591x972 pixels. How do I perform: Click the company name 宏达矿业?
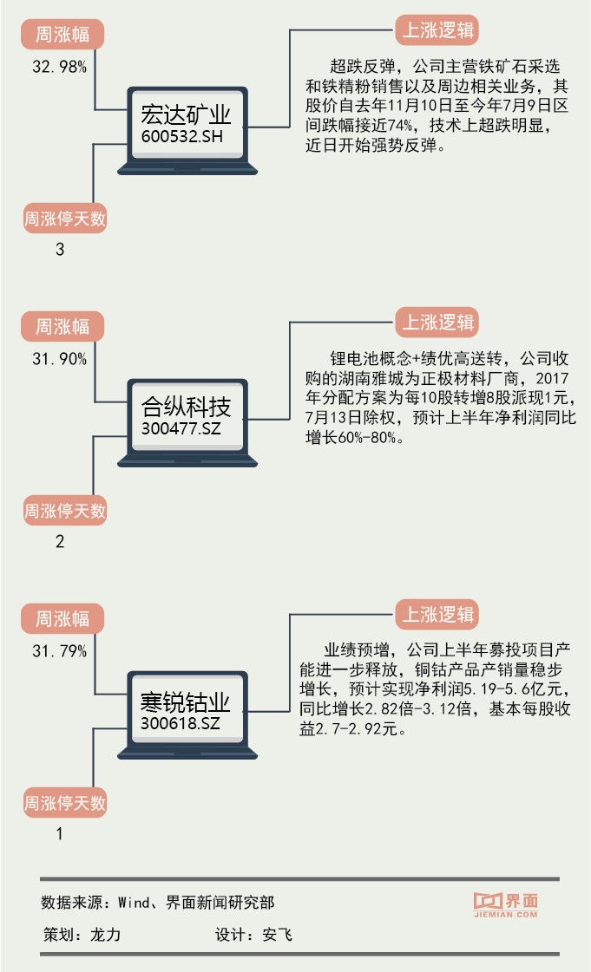click(186, 117)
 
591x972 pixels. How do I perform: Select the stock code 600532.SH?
click(180, 138)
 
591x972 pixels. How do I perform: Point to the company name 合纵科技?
click(186, 408)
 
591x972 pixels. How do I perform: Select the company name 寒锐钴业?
click(186, 701)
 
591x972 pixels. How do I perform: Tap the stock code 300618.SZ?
click(180, 721)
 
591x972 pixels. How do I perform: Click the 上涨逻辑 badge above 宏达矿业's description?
click(437, 31)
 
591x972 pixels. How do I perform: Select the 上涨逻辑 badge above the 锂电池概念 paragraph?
click(437, 323)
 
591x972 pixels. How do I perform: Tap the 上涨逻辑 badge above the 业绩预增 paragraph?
click(437, 615)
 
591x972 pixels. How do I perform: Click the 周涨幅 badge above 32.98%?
click(62, 35)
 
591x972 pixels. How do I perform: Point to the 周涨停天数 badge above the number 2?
click(64, 510)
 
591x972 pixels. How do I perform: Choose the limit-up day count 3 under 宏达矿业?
click(59, 250)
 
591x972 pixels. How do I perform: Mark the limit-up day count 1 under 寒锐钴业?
click(59, 835)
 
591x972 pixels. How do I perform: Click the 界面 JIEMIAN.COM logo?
click(507, 904)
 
